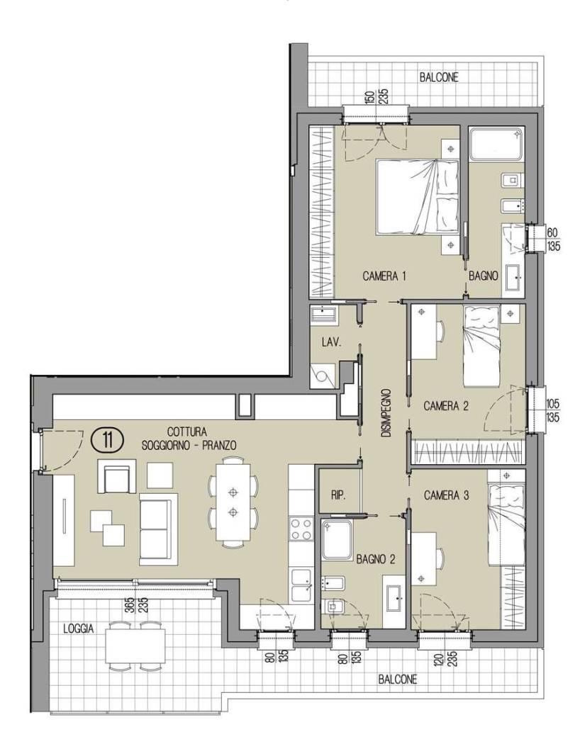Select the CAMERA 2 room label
click(x=446, y=406)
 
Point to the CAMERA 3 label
click(x=446, y=495)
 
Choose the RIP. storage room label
click(x=338, y=495)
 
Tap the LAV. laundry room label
click(x=331, y=342)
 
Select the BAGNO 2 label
click(x=375, y=560)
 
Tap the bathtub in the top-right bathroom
click(x=496, y=143)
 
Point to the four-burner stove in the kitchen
click(x=301, y=529)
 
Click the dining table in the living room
click(x=233, y=502)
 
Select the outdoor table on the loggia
click(x=135, y=646)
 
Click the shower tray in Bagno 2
click(x=338, y=541)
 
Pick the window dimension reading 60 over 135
click(x=553, y=239)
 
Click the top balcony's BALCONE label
click(x=439, y=78)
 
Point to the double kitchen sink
click(x=301, y=585)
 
